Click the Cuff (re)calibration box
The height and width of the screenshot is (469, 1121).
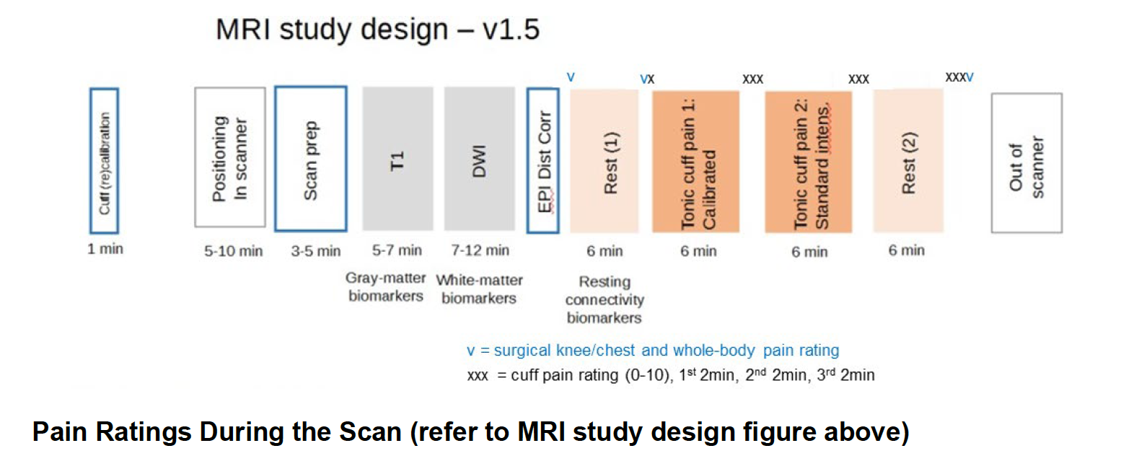pos(104,161)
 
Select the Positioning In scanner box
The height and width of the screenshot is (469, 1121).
pos(230,157)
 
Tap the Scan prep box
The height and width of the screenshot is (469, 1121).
pos(311,159)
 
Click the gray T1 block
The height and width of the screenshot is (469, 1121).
pos(398,159)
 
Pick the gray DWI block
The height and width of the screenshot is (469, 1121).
pos(480,159)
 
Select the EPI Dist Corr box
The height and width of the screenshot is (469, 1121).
pos(543,161)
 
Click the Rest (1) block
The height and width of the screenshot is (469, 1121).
pos(605,161)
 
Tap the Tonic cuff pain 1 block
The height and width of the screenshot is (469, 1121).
pos(695,162)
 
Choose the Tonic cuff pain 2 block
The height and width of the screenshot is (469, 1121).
pos(809,162)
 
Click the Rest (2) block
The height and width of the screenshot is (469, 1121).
pos(908,161)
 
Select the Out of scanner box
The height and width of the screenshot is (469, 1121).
pos(1027,162)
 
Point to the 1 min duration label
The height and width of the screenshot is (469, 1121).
pos(105,249)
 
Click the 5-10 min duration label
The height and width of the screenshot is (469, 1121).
pos(233,251)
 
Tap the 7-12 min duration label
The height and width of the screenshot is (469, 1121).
pos(480,250)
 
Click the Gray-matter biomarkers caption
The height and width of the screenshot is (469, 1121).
pos(385,286)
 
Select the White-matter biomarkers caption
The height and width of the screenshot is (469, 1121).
pos(480,289)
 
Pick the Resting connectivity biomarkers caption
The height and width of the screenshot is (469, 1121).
pos(605,299)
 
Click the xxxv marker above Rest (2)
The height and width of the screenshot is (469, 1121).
pos(959,77)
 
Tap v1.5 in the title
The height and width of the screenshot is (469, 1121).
pos(511,29)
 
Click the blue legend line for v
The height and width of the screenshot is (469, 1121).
pos(653,351)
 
